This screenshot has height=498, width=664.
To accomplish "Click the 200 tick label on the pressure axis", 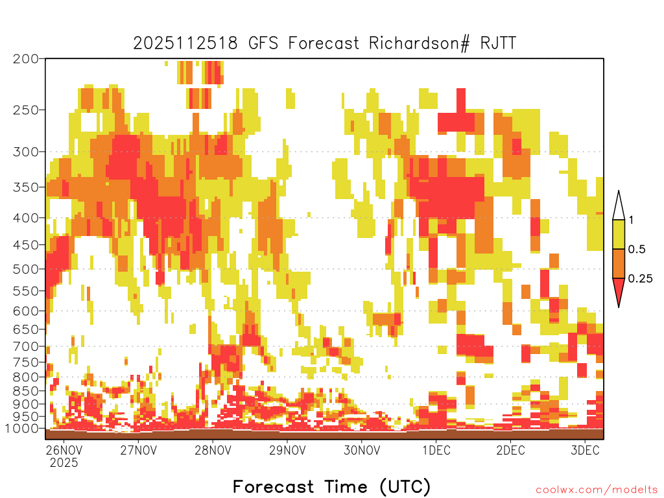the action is tap(26, 59).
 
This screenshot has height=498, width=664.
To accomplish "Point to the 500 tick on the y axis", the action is tap(26, 269).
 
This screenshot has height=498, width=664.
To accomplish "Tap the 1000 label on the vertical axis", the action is tap(22, 429).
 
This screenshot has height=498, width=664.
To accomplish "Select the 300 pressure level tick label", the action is tap(26, 152).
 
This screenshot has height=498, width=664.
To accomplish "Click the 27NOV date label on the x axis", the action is tap(139, 450).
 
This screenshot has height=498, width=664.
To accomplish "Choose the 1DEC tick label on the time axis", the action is tap(436, 450).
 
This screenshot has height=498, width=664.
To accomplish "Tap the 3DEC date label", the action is tap(586, 450).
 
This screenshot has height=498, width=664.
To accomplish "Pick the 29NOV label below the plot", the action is tap(287, 450).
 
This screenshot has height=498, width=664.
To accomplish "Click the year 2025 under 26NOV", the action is tap(64, 463).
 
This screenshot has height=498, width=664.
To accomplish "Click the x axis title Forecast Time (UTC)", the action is tap(331, 486).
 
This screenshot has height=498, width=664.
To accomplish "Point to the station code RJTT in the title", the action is tap(498, 43).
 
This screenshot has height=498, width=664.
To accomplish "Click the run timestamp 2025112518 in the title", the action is tap(185, 43).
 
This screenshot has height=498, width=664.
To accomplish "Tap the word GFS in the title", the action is tap(263, 43).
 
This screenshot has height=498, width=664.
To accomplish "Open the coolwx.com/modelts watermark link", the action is tap(597, 490).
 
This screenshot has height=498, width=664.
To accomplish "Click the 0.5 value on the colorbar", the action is tap(637, 250).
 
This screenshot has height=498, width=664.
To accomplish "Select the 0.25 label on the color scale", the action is tap(640, 279).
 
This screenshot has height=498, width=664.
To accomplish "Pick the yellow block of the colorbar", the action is tap(619, 234).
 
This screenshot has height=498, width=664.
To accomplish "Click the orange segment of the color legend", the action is tap(619, 263).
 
